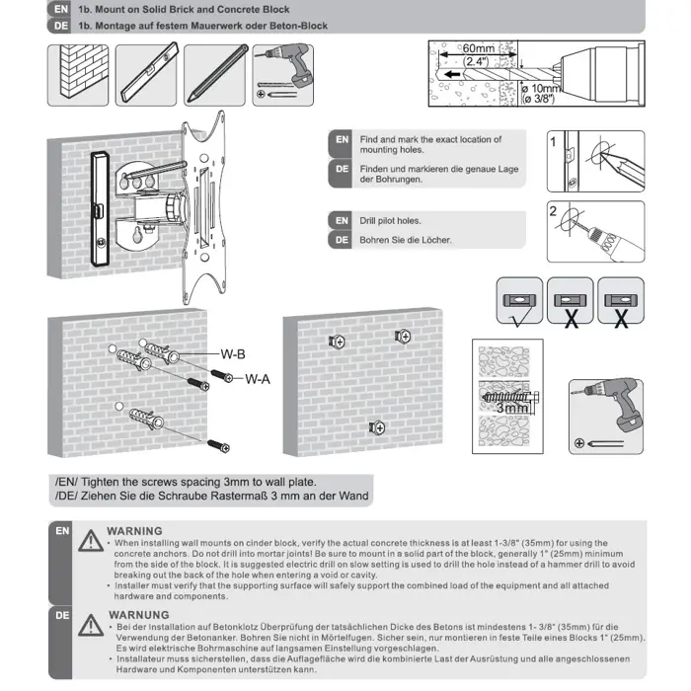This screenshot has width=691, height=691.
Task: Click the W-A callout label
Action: pos(258,377)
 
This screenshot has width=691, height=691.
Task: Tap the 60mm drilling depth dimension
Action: pos(478,48)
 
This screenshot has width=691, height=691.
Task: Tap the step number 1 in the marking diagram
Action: pos(554,141)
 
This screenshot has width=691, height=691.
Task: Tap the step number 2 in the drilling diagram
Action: pos(554,211)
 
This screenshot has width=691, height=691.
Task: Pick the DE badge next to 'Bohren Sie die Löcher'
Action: pos(341,240)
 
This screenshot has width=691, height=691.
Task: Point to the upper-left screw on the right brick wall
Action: pos(336,341)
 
